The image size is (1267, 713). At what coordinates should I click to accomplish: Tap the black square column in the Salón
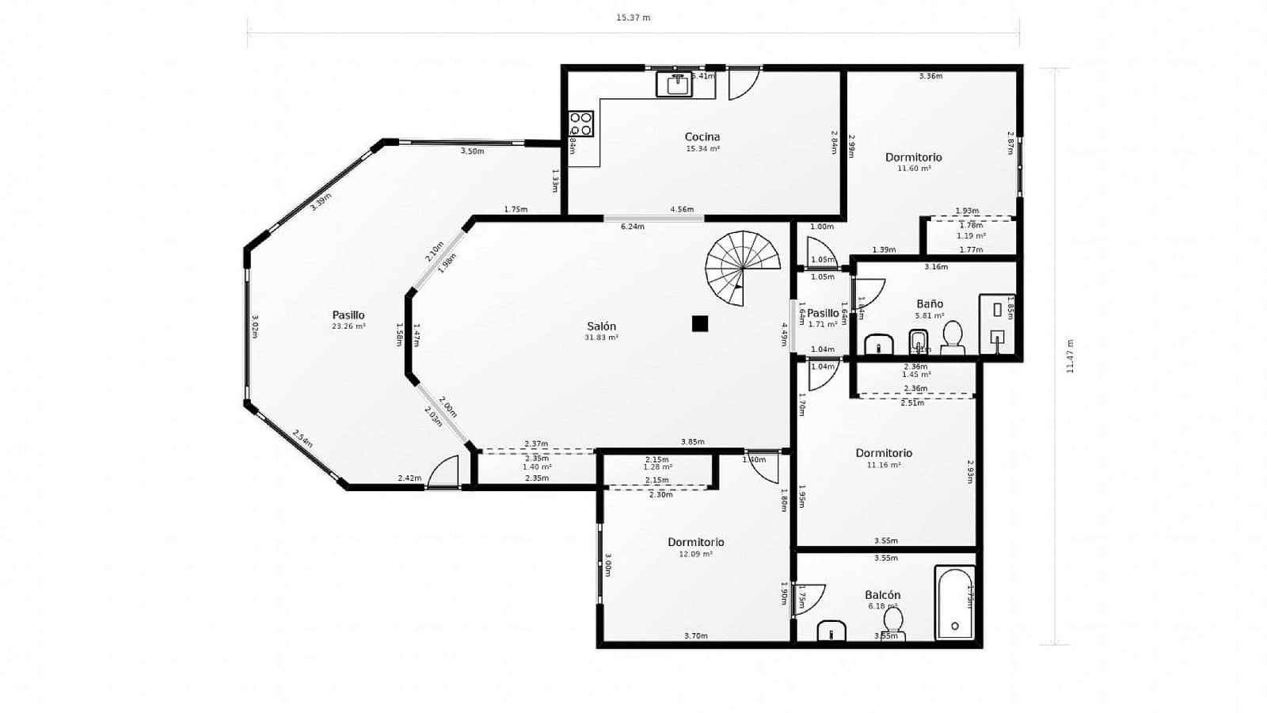[x=699, y=323]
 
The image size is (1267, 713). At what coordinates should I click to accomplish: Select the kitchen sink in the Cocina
[x=675, y=84]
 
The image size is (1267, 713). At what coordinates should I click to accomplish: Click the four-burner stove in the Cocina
[x=580, y=124]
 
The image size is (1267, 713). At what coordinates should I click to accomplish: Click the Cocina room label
[x=702, y=136]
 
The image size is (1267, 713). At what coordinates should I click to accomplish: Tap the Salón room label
[x=602, y=326]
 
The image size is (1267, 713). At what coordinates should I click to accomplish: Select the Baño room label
[x=930, y=303]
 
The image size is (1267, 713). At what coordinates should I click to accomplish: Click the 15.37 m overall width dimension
[x=633, y=17]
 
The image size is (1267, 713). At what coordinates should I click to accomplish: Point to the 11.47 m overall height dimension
[x=1070, y=356]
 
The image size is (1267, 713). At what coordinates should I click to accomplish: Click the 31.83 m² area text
[x=602, y=337]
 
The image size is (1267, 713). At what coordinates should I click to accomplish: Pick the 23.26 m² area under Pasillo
[x=348, y=326]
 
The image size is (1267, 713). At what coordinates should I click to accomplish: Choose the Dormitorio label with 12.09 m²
[x=695, y=542]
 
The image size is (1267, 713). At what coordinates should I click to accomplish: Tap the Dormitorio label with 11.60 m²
[x=913, y=157]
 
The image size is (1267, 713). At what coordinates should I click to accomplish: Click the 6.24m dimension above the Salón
[x=632, y=227]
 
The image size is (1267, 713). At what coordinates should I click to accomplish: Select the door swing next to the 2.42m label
[x=444, y=473]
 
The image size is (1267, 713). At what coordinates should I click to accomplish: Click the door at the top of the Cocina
[x=744, y=82]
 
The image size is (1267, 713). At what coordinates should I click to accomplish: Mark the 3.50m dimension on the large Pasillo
[x=472, y=151]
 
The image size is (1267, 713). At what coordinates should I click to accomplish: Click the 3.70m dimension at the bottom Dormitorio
[x=695, y=635]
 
